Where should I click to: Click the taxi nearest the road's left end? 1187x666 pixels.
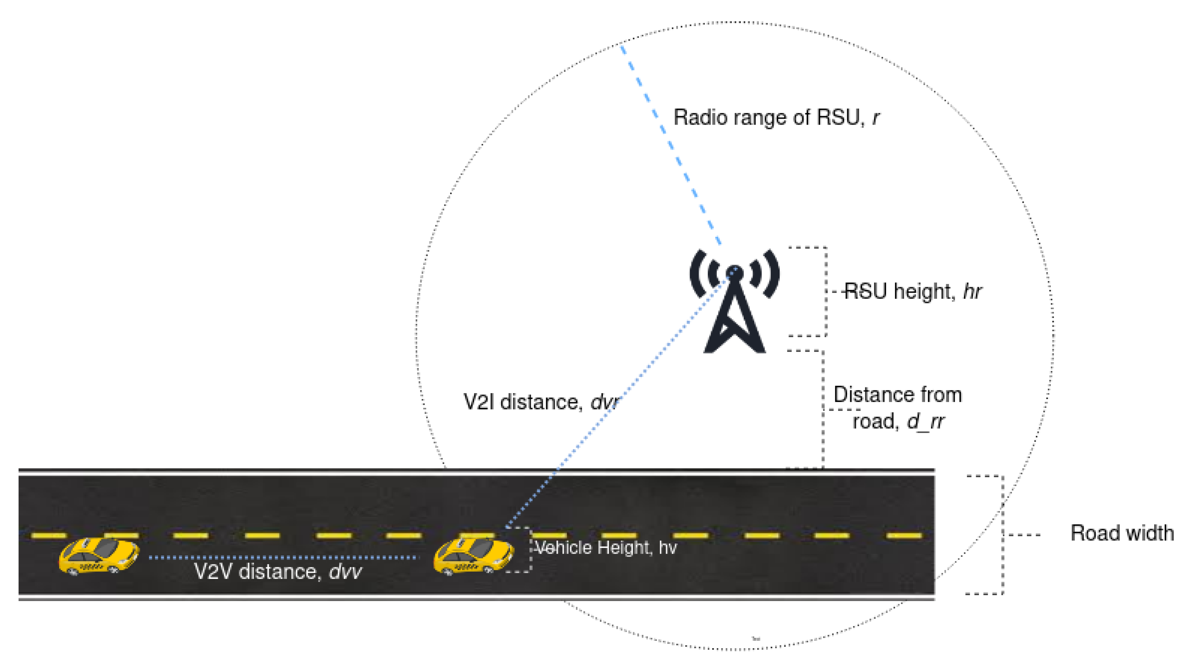[98, 556]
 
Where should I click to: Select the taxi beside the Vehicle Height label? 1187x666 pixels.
[473, 556]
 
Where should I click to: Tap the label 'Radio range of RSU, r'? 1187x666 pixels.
[776, 118]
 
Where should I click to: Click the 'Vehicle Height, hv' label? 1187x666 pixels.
[605, 548]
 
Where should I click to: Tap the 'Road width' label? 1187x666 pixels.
[1122, 534]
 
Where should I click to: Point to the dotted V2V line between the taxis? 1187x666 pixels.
[284, 558]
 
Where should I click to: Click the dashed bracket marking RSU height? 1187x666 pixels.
[825, 292]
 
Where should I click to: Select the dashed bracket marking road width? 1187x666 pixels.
[1002, 535]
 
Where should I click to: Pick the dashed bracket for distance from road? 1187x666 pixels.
[823, 409]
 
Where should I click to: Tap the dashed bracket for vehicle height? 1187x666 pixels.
[530, 550]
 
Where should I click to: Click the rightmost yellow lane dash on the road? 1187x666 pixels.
[903, 536]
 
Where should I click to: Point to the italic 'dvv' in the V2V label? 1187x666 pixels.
[345, 572]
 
